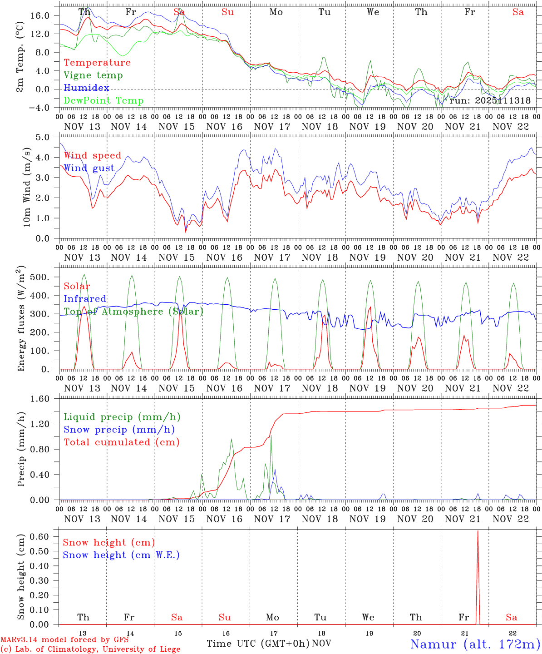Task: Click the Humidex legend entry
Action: point(86,88)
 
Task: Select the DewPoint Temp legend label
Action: point(103,101)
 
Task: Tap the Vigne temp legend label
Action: point(93,75)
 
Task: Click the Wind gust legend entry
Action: point(89,168)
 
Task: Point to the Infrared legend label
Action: point(85,299)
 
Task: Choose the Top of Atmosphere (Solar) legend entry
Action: point(133,312)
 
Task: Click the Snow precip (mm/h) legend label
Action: point(119,430)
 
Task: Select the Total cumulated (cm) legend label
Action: point(121,442)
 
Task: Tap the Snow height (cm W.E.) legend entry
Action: point(121,555)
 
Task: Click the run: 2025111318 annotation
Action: point(490,101)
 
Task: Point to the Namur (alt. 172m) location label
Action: point(475,644)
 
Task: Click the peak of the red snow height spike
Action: point(478,531)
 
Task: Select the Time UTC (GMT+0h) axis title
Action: point(258,644)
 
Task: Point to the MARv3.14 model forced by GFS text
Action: point(64,640)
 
